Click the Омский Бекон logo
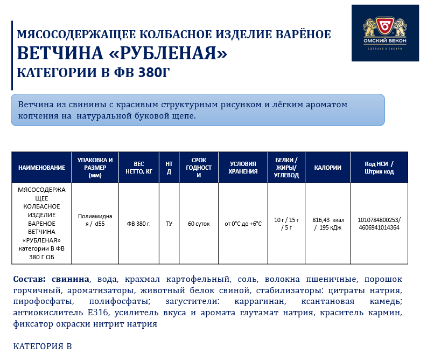(385, 33)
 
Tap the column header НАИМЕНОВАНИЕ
(41, 168)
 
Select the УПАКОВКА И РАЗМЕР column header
(95, 168)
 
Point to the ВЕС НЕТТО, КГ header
(139, 168)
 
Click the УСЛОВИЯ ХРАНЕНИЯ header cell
(242, 168)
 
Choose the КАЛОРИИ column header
(327, 168)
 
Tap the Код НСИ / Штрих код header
(379, 168)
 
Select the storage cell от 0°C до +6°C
(243, 224)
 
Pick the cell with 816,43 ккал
(328, 220)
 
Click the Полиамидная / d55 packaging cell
(95, 224)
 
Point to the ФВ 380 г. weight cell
(139, 224)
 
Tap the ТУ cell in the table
(169, 224)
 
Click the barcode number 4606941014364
(379, 227)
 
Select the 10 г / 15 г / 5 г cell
(286, 224)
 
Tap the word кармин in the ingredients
(388, 312)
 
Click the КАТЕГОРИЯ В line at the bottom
(42, 346)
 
